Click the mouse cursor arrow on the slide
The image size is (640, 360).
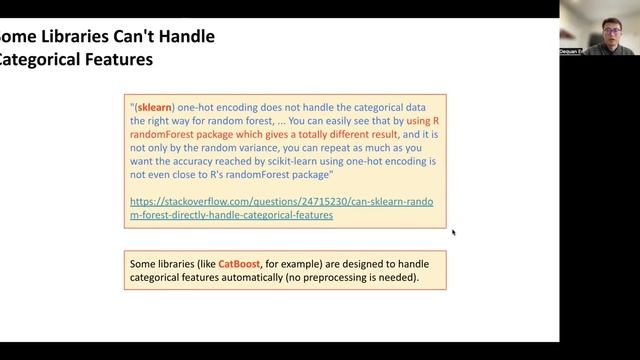[453, 233]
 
